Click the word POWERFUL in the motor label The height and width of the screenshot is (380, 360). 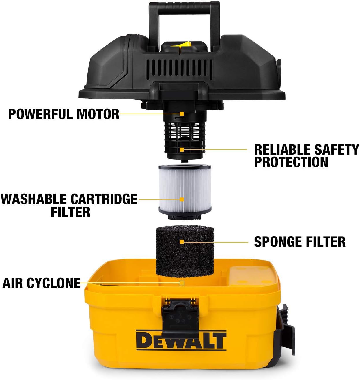tap(40, 114)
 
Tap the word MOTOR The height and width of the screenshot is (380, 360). tap(98, 114)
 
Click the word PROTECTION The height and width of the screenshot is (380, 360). tap(291, 162)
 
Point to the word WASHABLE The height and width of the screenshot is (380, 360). tap(34, 199)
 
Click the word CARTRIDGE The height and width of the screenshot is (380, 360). tap(104, 199)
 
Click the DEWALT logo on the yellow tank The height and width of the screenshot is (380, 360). tap(181, 341)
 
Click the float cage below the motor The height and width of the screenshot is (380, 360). tap(185, 136)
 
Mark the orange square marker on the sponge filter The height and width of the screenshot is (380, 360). tap(182, 242)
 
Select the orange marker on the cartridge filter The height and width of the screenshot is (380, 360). tap(182, 199)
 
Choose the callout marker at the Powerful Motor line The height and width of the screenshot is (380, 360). tap(182, 114)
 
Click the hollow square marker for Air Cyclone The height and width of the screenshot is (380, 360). tap(182, 283)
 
